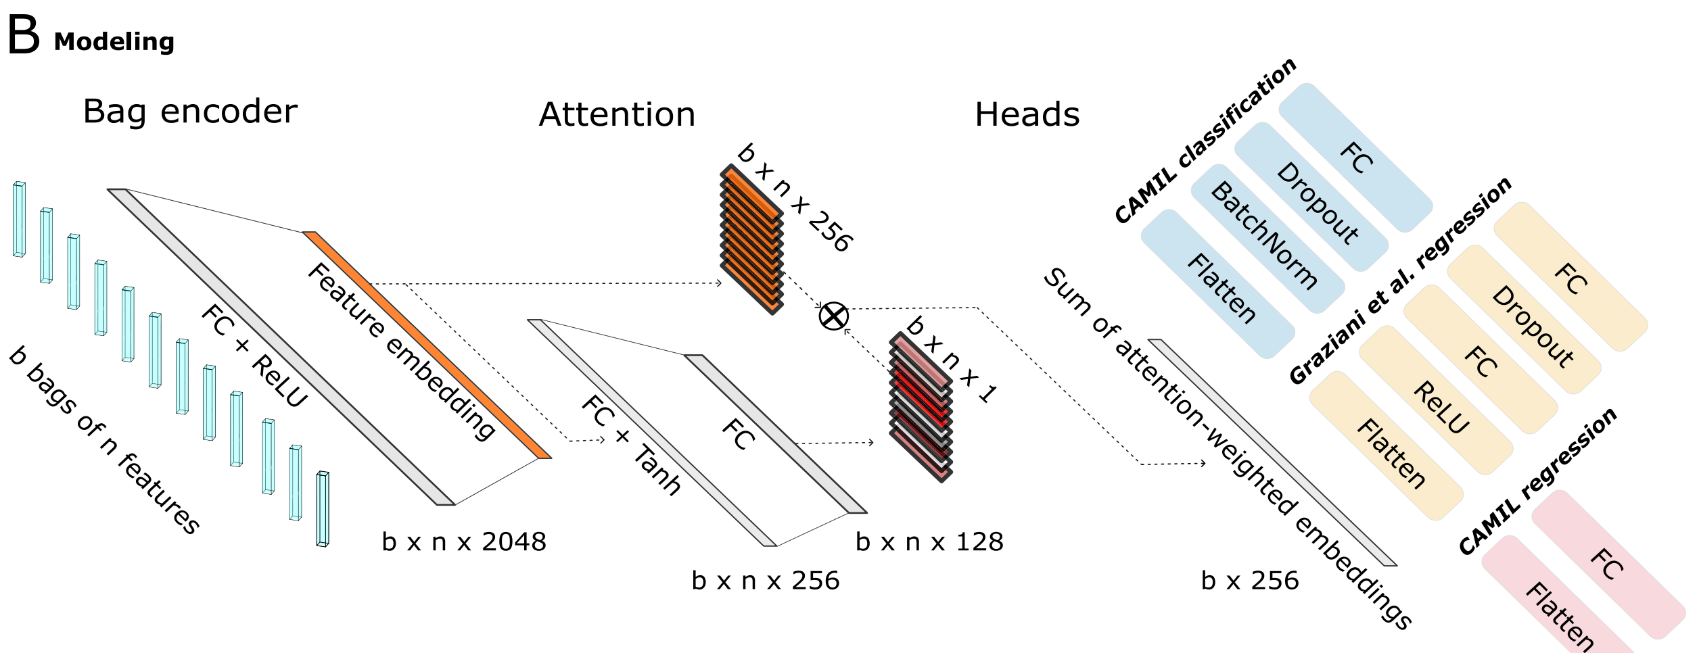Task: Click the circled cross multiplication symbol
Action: (833, 316)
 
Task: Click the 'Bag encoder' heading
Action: (190, 112)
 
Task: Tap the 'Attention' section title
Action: (617, 114)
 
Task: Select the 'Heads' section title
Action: (1027, 114)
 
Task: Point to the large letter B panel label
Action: (24, 35)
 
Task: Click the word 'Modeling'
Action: (114, 42)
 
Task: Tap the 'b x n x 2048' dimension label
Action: (464, 542)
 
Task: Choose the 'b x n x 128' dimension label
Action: (929, 542)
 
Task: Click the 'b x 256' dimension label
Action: (1250, 581)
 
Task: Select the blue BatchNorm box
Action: (1266, 237)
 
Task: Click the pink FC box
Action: (1607, 564)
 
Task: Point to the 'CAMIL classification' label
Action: (1205, 141)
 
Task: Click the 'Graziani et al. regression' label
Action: (1400, 281)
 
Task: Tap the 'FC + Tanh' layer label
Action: (630, 445)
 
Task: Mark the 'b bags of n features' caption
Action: (105, 440)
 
